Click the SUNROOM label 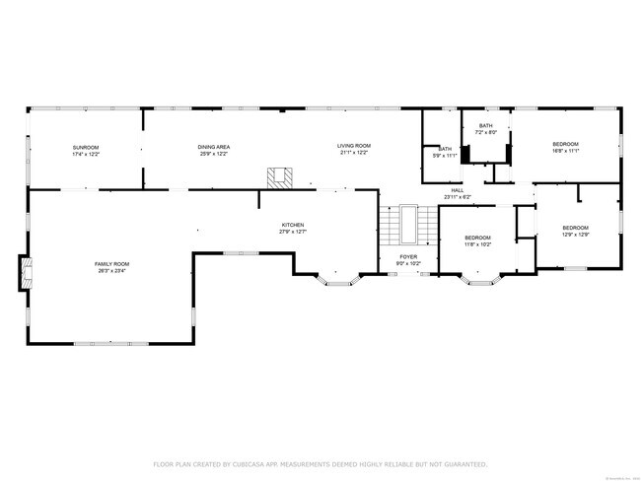click(x=86, y=146)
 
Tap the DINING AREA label click(x=214, y=146)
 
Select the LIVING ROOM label click(x=354, y=146)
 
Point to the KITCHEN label click(x=292, y=225)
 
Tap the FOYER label click(x=407, y=257)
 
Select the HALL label click(x=458, y=191)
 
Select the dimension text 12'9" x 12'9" click(x=575, y=234)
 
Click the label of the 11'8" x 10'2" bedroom click(x=477, y=238)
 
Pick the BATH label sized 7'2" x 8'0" click(x=486, y=126)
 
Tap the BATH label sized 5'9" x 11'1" click(x=446, y=149)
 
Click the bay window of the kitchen click(x=341, y=280)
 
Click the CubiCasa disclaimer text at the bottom click(x=320, y=463)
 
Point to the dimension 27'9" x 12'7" click(x=292, y=232)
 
